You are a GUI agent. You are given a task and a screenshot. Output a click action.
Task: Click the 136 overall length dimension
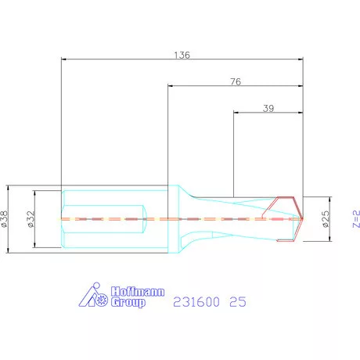click(x=182, y=55)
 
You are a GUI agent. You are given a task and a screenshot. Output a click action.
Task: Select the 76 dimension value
click(x=236, y=81)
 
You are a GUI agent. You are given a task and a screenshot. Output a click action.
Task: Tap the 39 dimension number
click(x=268, y=108)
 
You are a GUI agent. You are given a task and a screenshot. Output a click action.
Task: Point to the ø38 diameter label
click(x=5, y=219)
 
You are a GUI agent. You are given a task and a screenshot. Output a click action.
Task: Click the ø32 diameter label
click(x=31, y=219)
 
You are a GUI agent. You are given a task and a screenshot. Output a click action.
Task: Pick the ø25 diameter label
click(x=326, y=219)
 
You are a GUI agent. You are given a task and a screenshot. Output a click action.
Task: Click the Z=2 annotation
click(x=356, y=219)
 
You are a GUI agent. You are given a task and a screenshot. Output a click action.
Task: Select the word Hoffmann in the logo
click(x=138, y=292)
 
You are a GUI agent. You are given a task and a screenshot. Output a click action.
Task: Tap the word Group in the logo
click(x=128, y=302)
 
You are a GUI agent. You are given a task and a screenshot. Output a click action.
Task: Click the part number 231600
click(x=196, y=302)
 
